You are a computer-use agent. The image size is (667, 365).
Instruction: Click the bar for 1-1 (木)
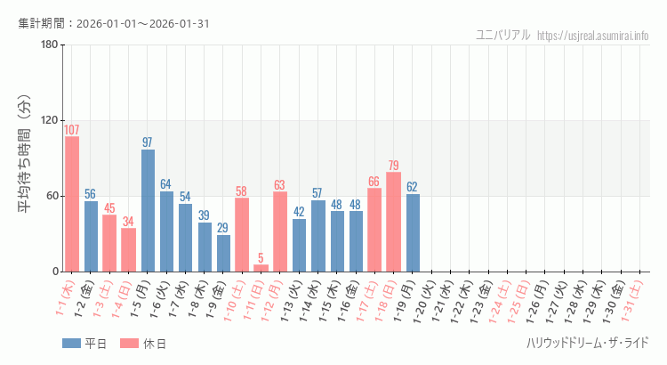coord(72,204)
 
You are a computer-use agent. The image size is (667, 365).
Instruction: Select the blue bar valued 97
coord(148,210)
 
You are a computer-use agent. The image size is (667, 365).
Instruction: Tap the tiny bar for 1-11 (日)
coord(261,268)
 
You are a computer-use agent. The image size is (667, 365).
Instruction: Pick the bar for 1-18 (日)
coord(393,222)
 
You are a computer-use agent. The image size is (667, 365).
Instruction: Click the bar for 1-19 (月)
coord(413,232)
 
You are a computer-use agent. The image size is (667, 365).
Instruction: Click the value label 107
coord(72,130)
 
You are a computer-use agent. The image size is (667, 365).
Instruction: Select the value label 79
coord(393,166)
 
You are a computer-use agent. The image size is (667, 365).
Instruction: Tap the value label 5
coord(261,258)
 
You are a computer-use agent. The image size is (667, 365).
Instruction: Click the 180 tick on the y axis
coord(49,45)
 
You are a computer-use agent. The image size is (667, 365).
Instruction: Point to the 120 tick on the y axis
coord(49,120)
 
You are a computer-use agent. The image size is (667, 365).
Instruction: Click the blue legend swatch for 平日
coord(72,344)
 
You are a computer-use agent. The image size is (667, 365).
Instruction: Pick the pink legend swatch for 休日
coord(129,344)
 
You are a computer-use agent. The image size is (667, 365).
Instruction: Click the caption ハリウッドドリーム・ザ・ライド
coord(587,343)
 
